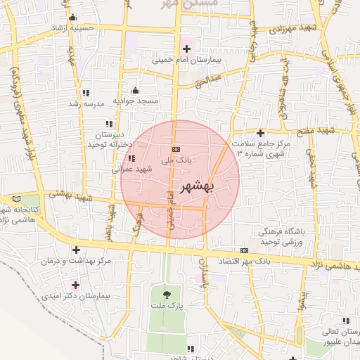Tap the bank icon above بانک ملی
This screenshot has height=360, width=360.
[175, 149]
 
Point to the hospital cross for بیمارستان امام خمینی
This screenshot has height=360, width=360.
[186, 49]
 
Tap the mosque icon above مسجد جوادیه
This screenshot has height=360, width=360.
[135, 90]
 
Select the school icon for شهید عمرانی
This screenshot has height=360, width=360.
[131, 158]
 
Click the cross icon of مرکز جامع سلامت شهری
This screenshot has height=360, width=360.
[260, 132]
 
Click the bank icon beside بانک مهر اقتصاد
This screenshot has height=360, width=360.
[244, 250]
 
